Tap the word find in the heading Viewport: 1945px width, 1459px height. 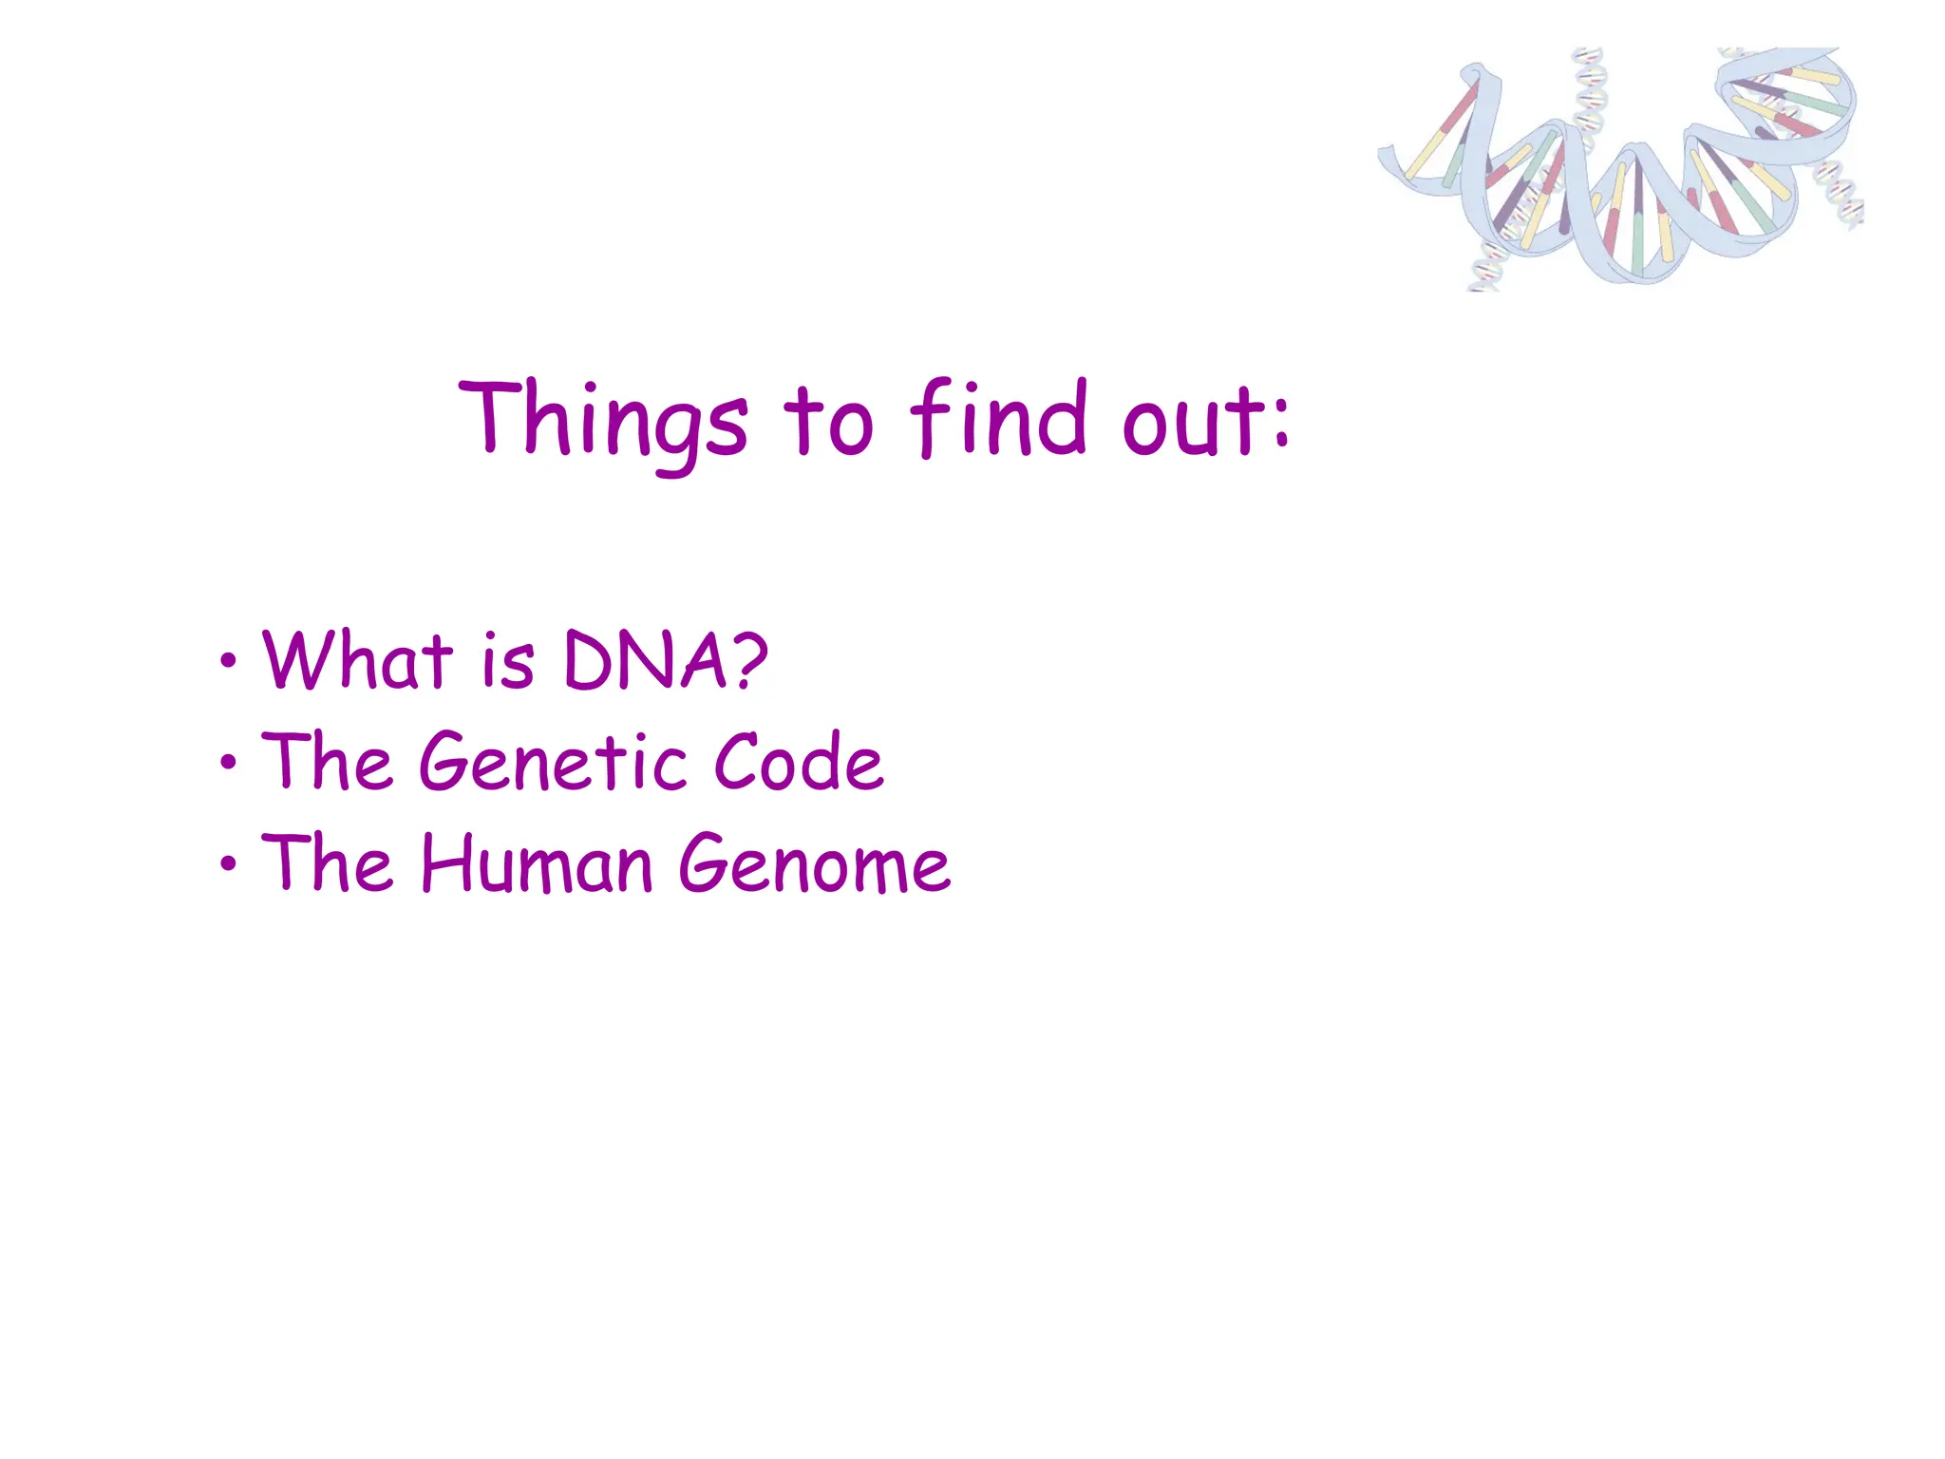tap(997, 418)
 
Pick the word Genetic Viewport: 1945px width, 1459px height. tap(553, 762)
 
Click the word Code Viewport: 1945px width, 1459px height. tap(798, 762)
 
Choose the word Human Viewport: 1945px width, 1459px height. tap(537, 863)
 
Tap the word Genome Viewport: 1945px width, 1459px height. tap(814, 865)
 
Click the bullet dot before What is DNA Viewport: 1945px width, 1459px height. tap(227, 661)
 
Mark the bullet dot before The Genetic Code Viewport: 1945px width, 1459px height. tap(227, 763)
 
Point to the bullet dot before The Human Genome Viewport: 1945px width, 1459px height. tap(227, 864)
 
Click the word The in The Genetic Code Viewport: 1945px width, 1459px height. tap(327, 762)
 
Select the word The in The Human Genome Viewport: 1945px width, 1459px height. tap(327, 863)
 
